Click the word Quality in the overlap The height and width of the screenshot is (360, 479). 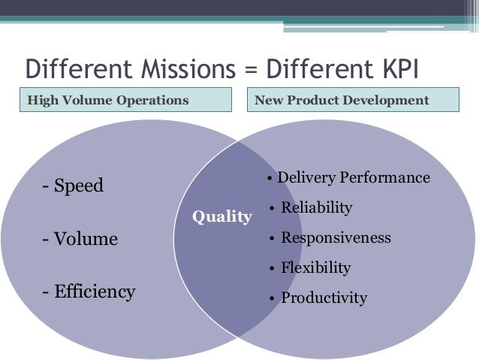click(x=221, y=217)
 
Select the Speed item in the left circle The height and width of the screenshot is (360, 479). click(x=73, y=186)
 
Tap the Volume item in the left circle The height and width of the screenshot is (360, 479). click(x=80, y=239)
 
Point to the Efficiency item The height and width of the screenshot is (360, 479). click(x=89, y=292)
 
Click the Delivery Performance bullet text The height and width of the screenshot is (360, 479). click(x=353, y=178)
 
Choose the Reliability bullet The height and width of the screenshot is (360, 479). click(x=316, y=207)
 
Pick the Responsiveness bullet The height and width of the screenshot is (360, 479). click(x=336, y=237)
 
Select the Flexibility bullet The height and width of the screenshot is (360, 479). click(x=315, y=268)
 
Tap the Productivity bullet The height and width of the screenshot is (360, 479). click(x=324, y=298)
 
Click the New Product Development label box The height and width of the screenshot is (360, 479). click(x=351, y=100)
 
